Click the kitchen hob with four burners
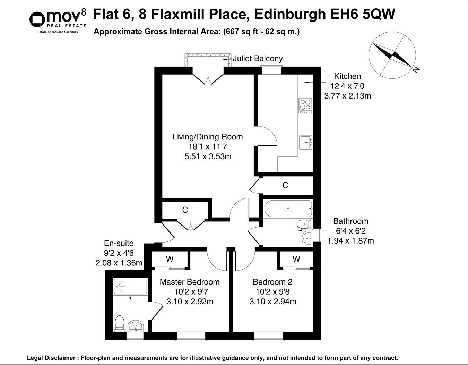point(305,105)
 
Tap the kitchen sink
point(306,142)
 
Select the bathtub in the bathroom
point(288,209)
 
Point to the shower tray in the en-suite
point(130,287)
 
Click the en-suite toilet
point(120,324)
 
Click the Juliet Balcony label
point(258,59)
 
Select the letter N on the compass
point(416,70)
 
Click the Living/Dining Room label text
point(208,137)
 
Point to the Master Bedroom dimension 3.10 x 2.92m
point(190,302)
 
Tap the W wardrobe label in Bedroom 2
point(296,259)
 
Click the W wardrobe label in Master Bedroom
point(170,259)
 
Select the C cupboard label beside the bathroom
point(285,185)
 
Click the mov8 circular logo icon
point(37,20)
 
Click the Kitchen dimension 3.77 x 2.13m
point(348,96)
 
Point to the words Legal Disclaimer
point(51,358)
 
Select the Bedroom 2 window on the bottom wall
point(268,336)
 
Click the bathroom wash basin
point(307,238)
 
